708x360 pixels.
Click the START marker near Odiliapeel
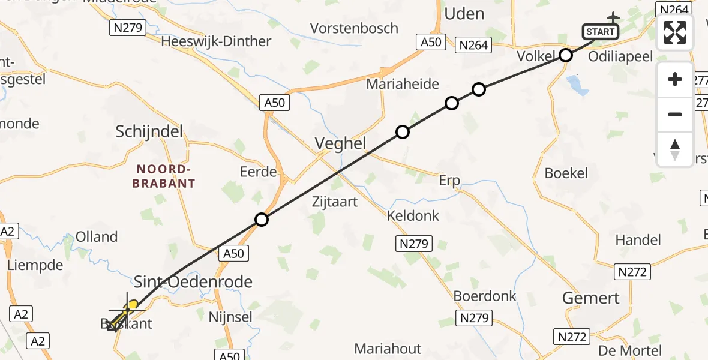point(600,31)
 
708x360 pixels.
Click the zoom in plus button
point(675,79)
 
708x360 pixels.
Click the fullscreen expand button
point(675,32)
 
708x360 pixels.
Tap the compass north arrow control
point(675,149)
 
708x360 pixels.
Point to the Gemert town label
point(591,298)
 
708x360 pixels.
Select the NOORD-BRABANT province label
point(164,176)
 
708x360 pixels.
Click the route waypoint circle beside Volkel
point(566,56)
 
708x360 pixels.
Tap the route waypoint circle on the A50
point(261,220)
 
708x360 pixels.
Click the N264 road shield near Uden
point(474,44)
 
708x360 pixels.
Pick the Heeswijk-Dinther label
point(216,41)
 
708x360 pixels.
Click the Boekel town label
point(566,173)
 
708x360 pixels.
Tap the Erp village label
point(449,180)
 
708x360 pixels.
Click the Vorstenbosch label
point(354,28)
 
